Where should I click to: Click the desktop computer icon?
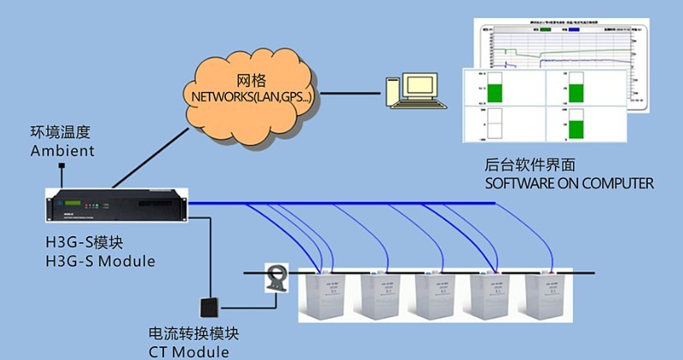point(416,90)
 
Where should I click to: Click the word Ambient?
point(63,151)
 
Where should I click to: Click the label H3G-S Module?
point(101,260)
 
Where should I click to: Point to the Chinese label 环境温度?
point(61,133)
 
